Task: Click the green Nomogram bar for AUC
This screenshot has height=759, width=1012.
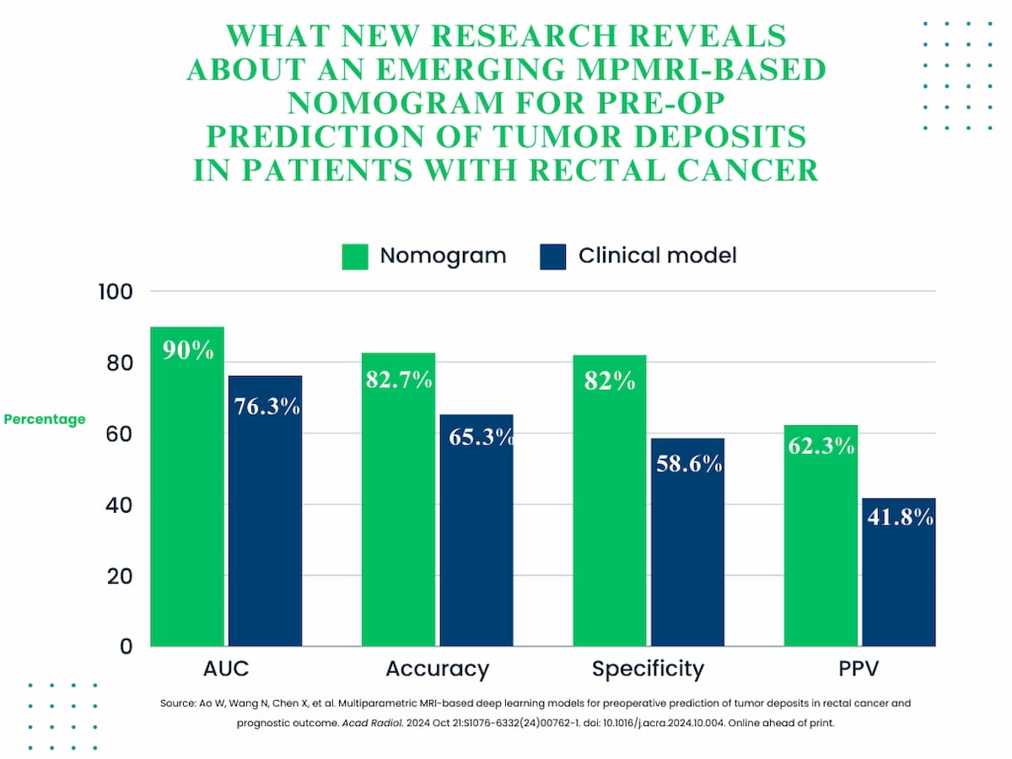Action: pos(187,506)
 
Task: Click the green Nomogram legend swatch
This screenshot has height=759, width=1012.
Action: pos(355,256)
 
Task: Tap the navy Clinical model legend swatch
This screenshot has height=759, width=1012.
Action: pos(552,256)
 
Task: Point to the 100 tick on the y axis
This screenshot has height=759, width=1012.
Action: pos(117,292)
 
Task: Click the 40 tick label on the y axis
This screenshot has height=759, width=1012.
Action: pos(119,505)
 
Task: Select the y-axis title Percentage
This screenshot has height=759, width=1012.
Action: pos(45,419)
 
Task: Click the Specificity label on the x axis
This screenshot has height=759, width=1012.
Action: pos(648,670)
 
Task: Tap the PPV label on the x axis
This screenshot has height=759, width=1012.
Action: pos(859,670)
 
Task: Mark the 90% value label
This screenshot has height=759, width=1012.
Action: pos(188,351)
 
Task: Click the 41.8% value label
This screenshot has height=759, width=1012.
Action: pos(900,517)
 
